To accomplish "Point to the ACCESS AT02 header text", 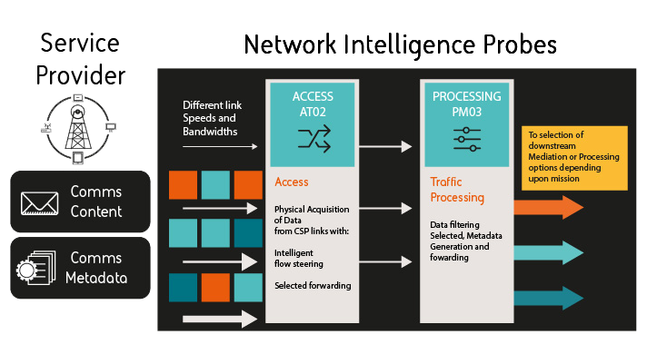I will tap(313, 103).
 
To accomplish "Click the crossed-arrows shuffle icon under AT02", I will tap(313, 139).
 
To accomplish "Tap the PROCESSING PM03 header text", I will tap(466, 103).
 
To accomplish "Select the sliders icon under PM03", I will tap(466, 139).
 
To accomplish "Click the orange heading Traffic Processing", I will tap(457, 190).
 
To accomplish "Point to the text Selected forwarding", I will tap(312, 285).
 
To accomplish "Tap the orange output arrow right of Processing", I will tap(548, 207).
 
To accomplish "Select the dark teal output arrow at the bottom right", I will tap(548, 298).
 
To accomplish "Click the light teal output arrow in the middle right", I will tap(548, 251).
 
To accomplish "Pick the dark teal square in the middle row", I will tap(248, 234).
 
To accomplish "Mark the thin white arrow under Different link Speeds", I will tap(221, 145).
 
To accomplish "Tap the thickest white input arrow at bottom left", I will tap(221, 318).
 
